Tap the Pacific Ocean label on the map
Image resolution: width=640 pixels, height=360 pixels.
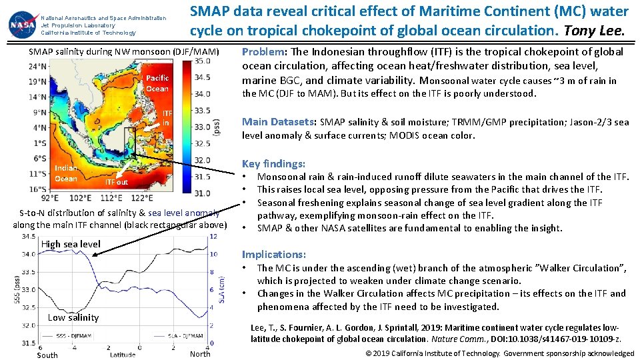[157, 83]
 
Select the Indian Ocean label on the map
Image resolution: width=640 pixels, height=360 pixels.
[66, 173]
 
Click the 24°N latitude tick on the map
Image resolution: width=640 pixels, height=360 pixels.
[39, 66]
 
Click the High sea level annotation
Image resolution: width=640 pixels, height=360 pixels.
[71, 244]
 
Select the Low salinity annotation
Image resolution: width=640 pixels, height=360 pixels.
[73, 317]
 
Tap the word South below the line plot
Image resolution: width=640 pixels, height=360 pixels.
[47, 355]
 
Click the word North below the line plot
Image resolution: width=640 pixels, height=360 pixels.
[200, 354]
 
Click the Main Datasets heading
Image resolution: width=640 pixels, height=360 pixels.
[279, 121]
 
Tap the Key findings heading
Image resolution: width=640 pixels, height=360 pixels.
[273, 163]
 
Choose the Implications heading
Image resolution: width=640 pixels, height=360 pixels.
[274, 254]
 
